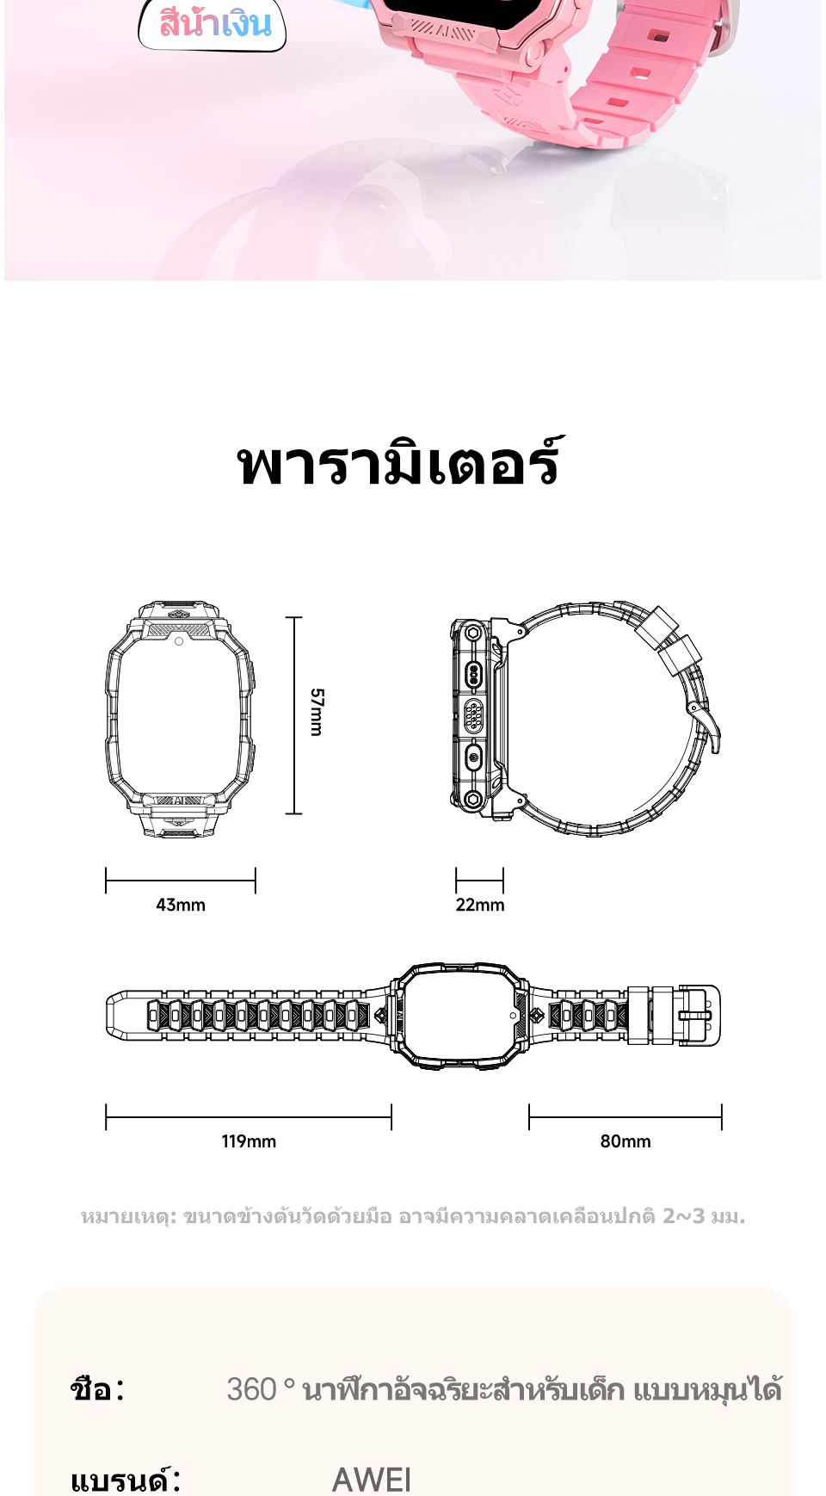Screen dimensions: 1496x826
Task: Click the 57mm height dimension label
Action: point(317,712)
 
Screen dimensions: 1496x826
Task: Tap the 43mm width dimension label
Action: point(181,905)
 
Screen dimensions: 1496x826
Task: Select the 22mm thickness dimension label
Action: point(480,905)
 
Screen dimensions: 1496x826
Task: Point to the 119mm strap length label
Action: point(249,1141)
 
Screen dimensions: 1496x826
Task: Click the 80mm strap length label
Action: point(626,1141)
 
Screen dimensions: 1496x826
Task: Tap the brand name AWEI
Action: point(372,1480)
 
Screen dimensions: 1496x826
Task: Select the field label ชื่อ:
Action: point(97,1389)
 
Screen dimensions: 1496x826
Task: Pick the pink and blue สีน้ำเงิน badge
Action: point(213,24)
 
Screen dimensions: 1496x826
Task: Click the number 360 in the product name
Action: point(251,1389)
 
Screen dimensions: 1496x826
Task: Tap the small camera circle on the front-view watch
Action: point(179,641)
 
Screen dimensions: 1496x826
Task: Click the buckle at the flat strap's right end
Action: point(698,1016)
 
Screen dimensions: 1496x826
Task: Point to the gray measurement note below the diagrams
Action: point(413,1216)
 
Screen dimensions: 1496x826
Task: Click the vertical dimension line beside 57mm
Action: point(294,715)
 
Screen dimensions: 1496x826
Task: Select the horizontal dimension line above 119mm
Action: point(249,1118)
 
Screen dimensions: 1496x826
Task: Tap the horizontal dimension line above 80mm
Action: point(626,1118)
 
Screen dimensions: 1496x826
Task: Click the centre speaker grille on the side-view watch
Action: point(473,715)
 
